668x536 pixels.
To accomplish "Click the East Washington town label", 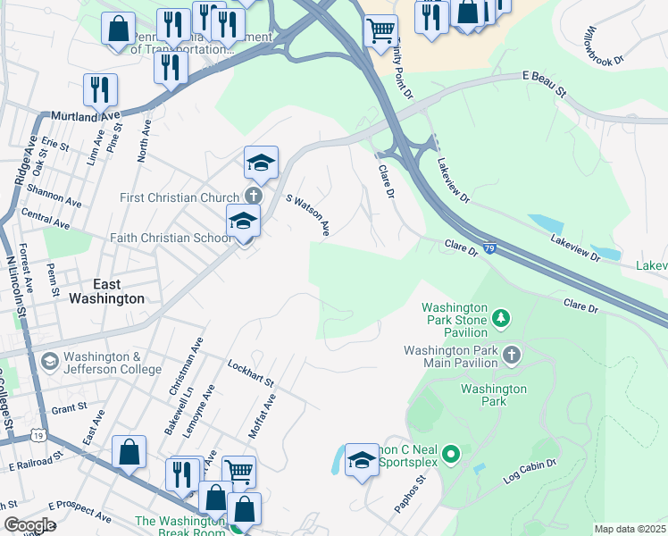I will (x=106, y=291).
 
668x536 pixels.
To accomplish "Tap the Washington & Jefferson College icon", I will (x=50, y=361).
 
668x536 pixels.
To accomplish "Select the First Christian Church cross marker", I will (x=254, y=197).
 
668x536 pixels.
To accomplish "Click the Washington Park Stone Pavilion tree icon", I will (x=501, y=317).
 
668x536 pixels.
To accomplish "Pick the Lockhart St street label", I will (x=251, y=373).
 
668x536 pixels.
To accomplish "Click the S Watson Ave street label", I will (x=307, y=216).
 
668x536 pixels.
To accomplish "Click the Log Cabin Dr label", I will (x=530, y=471).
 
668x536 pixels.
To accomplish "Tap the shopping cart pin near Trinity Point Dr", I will (x=381, y=29).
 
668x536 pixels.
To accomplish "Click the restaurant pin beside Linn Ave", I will (x=100, y=88).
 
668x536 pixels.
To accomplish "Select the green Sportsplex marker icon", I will (x=450, y=456).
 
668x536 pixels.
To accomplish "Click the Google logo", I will (x=29, y=524).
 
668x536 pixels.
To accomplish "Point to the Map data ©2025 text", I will (x=630, y=529).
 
